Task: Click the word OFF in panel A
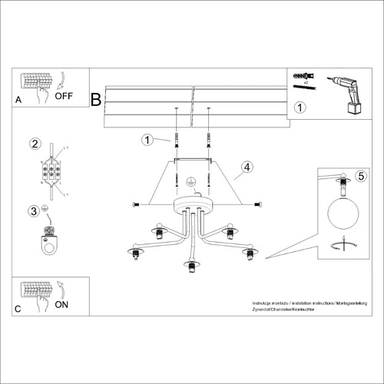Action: click(64, 98)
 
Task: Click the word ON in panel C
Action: click(62, 304)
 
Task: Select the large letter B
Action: click(96, 99)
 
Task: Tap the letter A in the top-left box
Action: click(19, 100)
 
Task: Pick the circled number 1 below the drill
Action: click(301, 108)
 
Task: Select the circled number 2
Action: click(35, 143)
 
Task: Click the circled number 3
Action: click(34, 210)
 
